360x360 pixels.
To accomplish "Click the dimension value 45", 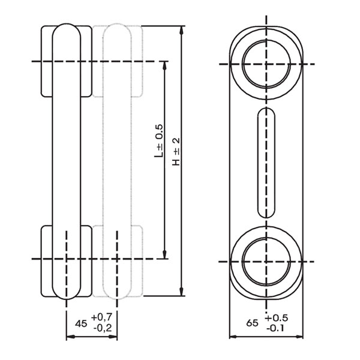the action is point(81,324).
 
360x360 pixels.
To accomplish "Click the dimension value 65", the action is point(252,323).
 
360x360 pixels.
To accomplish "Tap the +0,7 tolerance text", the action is point(101,317).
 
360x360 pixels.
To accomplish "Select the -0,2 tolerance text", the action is point(103,328).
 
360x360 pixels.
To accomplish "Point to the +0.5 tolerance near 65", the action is point(276,318).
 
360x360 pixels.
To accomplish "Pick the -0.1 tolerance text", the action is point(275,328).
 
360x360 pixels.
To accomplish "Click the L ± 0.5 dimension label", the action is point(158,141).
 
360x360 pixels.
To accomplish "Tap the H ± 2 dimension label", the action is point(176,152).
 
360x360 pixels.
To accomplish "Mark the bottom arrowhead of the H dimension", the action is point(182,292).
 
